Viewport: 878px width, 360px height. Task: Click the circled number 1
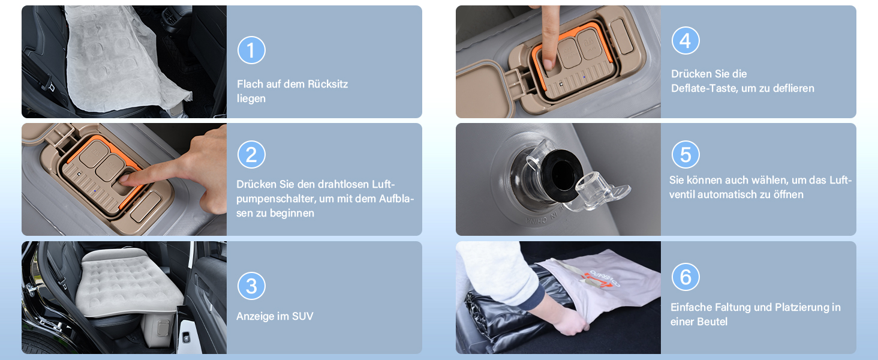[x=251, y=50]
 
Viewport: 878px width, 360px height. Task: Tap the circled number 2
[x=251, y=155]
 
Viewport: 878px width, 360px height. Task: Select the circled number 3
[x=251, y=286]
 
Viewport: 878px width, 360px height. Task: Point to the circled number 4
[x=685, y=40]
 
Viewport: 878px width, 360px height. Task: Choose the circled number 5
[x=685, y=155]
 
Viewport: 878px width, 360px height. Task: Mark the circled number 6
[x=685, y=277]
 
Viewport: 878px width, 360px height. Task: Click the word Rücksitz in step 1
[x=327, y=84]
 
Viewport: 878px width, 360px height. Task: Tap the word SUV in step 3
[x=302, y=316]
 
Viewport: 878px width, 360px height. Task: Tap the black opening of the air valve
[x=562, y=175]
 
